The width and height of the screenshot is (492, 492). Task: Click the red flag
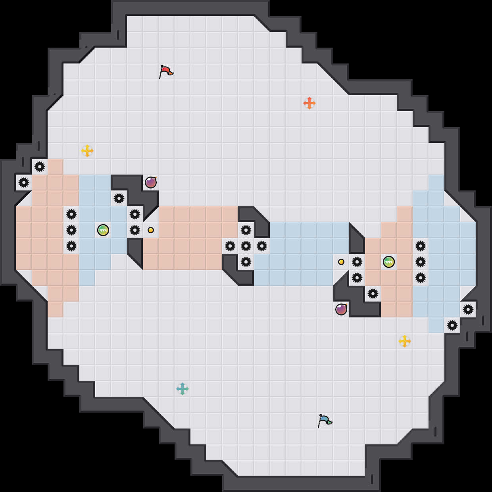pyautogui.click(x=166, y=72)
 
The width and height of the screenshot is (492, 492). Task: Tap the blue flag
pyautogui.click(x=325, y=421)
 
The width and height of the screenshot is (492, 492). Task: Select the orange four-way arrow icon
pyautogui.click(x=309, y=103)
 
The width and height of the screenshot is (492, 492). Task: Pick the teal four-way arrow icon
pyautogui.click(x=183, y=389)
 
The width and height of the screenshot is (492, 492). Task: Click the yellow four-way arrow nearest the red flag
pyautogui.click(x=87, y=151)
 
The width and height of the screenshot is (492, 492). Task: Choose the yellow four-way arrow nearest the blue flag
pyautogui.click(x=405, y=341)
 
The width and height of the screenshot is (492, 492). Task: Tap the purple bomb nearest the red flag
pyautogui.click(x=151, y=183)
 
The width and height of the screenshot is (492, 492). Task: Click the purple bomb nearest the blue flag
pyautogui.click(x=341, y=309)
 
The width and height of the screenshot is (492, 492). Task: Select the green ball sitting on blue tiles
pyautogui.click(x=103, y=230)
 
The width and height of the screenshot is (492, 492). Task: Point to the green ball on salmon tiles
pyautogui.click(x=389, y=262)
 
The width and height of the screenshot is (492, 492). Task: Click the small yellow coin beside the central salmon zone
pyautogui.click(x=151, y=230)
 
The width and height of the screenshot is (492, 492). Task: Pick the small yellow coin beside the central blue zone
pyautogui.click(x=341, y=262)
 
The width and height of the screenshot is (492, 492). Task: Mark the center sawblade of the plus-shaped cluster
pyautogui.click(x=246, y=246)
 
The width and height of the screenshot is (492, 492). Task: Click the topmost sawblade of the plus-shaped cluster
pyautogui.click(x=246, y=230)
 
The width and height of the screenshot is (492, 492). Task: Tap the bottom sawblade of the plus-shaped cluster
pyautogui.click(x=246, y=262)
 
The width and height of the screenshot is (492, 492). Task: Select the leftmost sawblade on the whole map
pyautogui.click(x=24, y=183)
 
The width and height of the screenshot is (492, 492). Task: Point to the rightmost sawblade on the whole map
pyautogui.click(x=468, y=309)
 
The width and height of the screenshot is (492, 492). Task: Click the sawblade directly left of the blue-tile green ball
pyautogui.click(x=71, y=230)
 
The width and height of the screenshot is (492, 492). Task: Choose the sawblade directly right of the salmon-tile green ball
pyautogui.click(x=421, y=262)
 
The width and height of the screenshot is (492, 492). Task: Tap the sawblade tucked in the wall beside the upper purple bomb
pyautogui.click(x=119, y=198)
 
